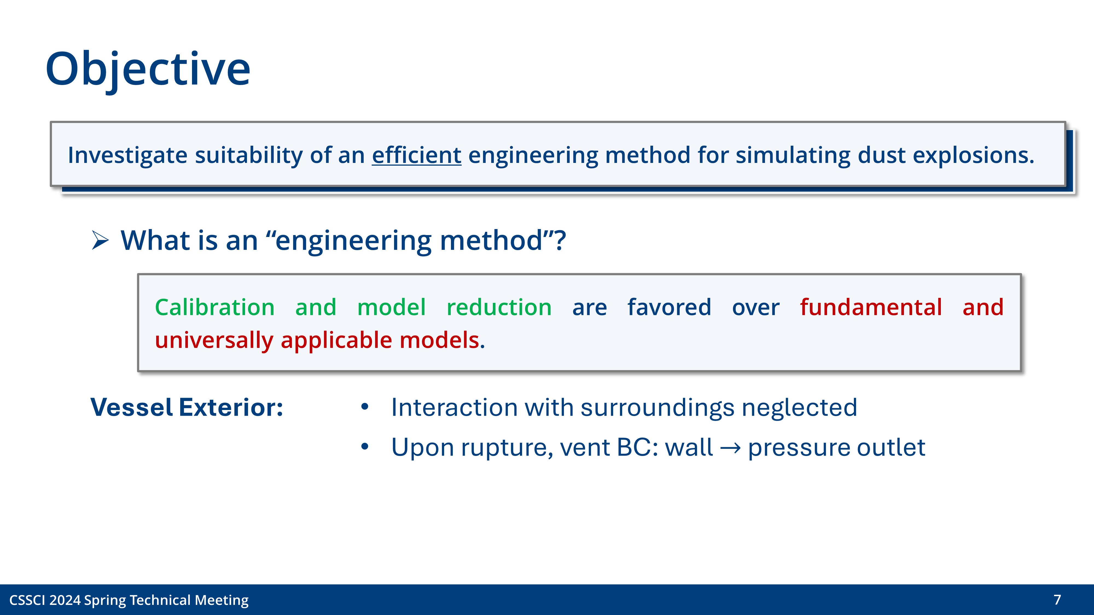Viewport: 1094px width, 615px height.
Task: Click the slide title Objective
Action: pos(148,69)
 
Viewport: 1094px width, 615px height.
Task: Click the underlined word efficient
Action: pos(416,155)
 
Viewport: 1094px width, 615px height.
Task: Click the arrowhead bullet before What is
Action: pos(100,241)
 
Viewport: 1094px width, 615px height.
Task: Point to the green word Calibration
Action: pos(214,307)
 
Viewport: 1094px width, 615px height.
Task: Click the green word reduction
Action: pos(499,307)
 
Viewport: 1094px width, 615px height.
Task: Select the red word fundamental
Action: pos(871,307)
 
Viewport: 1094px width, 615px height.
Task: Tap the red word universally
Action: pos(214,340)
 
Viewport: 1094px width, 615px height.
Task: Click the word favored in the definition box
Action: pos(669,307)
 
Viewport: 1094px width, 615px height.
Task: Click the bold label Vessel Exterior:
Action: pos(187,408)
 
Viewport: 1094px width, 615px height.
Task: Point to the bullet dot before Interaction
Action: pos(364,407)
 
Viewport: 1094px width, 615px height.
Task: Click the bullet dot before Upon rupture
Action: pos(364,447)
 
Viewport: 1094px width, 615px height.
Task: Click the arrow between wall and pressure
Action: pos(731,448)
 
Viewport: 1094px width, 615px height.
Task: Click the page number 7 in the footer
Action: pos(1057,600)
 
